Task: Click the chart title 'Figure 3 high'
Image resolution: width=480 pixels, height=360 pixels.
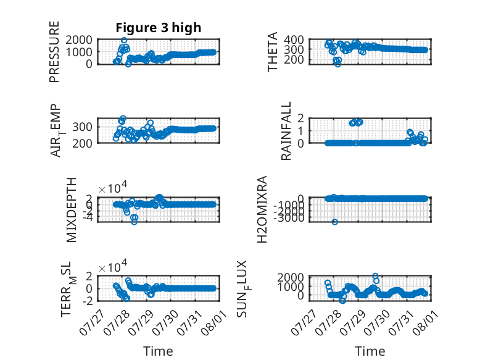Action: pyautogui.click(x=159, y=28)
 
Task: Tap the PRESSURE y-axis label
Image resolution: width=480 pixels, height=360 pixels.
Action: pyautogui.click(x=54, y=52)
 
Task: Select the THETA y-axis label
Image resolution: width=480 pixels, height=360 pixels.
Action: pyautogui.click(x=272, y=52)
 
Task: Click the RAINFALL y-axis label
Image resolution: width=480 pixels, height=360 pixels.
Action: pyautogui.click(x=286, y=131)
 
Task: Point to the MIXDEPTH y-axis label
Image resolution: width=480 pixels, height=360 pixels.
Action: pyautogui.click(x=71, y=210)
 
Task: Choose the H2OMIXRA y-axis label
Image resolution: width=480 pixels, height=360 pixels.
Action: pyautogui.click(x=262, y=209)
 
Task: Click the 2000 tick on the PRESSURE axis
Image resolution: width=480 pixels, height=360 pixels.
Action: pyautogui.click(x=79, y=40)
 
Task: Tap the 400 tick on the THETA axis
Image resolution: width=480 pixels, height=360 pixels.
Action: pyautogui.click(x=294, y=40)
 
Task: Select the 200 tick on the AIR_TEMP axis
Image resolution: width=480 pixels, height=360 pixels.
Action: pyautogui.click(x=82, y=143)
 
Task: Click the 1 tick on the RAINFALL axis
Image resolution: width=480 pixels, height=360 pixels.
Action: pyautogui.click(x=300, y=131)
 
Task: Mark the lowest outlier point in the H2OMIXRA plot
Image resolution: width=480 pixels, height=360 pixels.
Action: pyautogui.click(x=334, y=222)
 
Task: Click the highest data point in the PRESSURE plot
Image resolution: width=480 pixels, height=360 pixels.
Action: pyautogui.click(x=124, y=40)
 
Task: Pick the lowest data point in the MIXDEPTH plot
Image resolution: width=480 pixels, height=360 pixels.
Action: pyautogui.click(x=134, y=222)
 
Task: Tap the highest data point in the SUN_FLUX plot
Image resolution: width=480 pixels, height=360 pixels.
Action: pyautogui.click(x=375, y=276)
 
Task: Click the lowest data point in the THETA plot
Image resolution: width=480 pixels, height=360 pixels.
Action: pyautogui.click(x=337, y=64)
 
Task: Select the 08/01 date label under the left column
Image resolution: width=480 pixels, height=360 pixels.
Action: pyautogui.click(x=214, y=322)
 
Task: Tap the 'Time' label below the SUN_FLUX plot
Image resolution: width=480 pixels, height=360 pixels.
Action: pyautogui.click(x=370, y=351)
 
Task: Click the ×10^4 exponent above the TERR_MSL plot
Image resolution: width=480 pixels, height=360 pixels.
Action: pyautogui.click(x=113, y=267)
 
